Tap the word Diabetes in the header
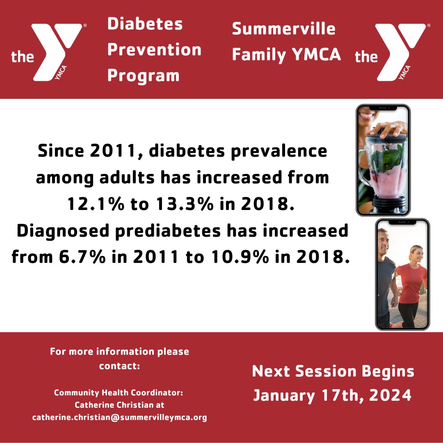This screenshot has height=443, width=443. (x=145, y=24)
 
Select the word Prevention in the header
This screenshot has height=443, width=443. (x=154, y=50)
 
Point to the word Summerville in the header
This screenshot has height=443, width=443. (x=283, y=29)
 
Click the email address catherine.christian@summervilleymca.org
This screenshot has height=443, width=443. (x=119, y=418)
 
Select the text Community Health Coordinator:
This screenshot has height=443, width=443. (x=119, y=393)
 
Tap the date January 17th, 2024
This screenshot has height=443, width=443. (x=332, y=395)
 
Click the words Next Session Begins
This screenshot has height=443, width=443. (x=333, y=371)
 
